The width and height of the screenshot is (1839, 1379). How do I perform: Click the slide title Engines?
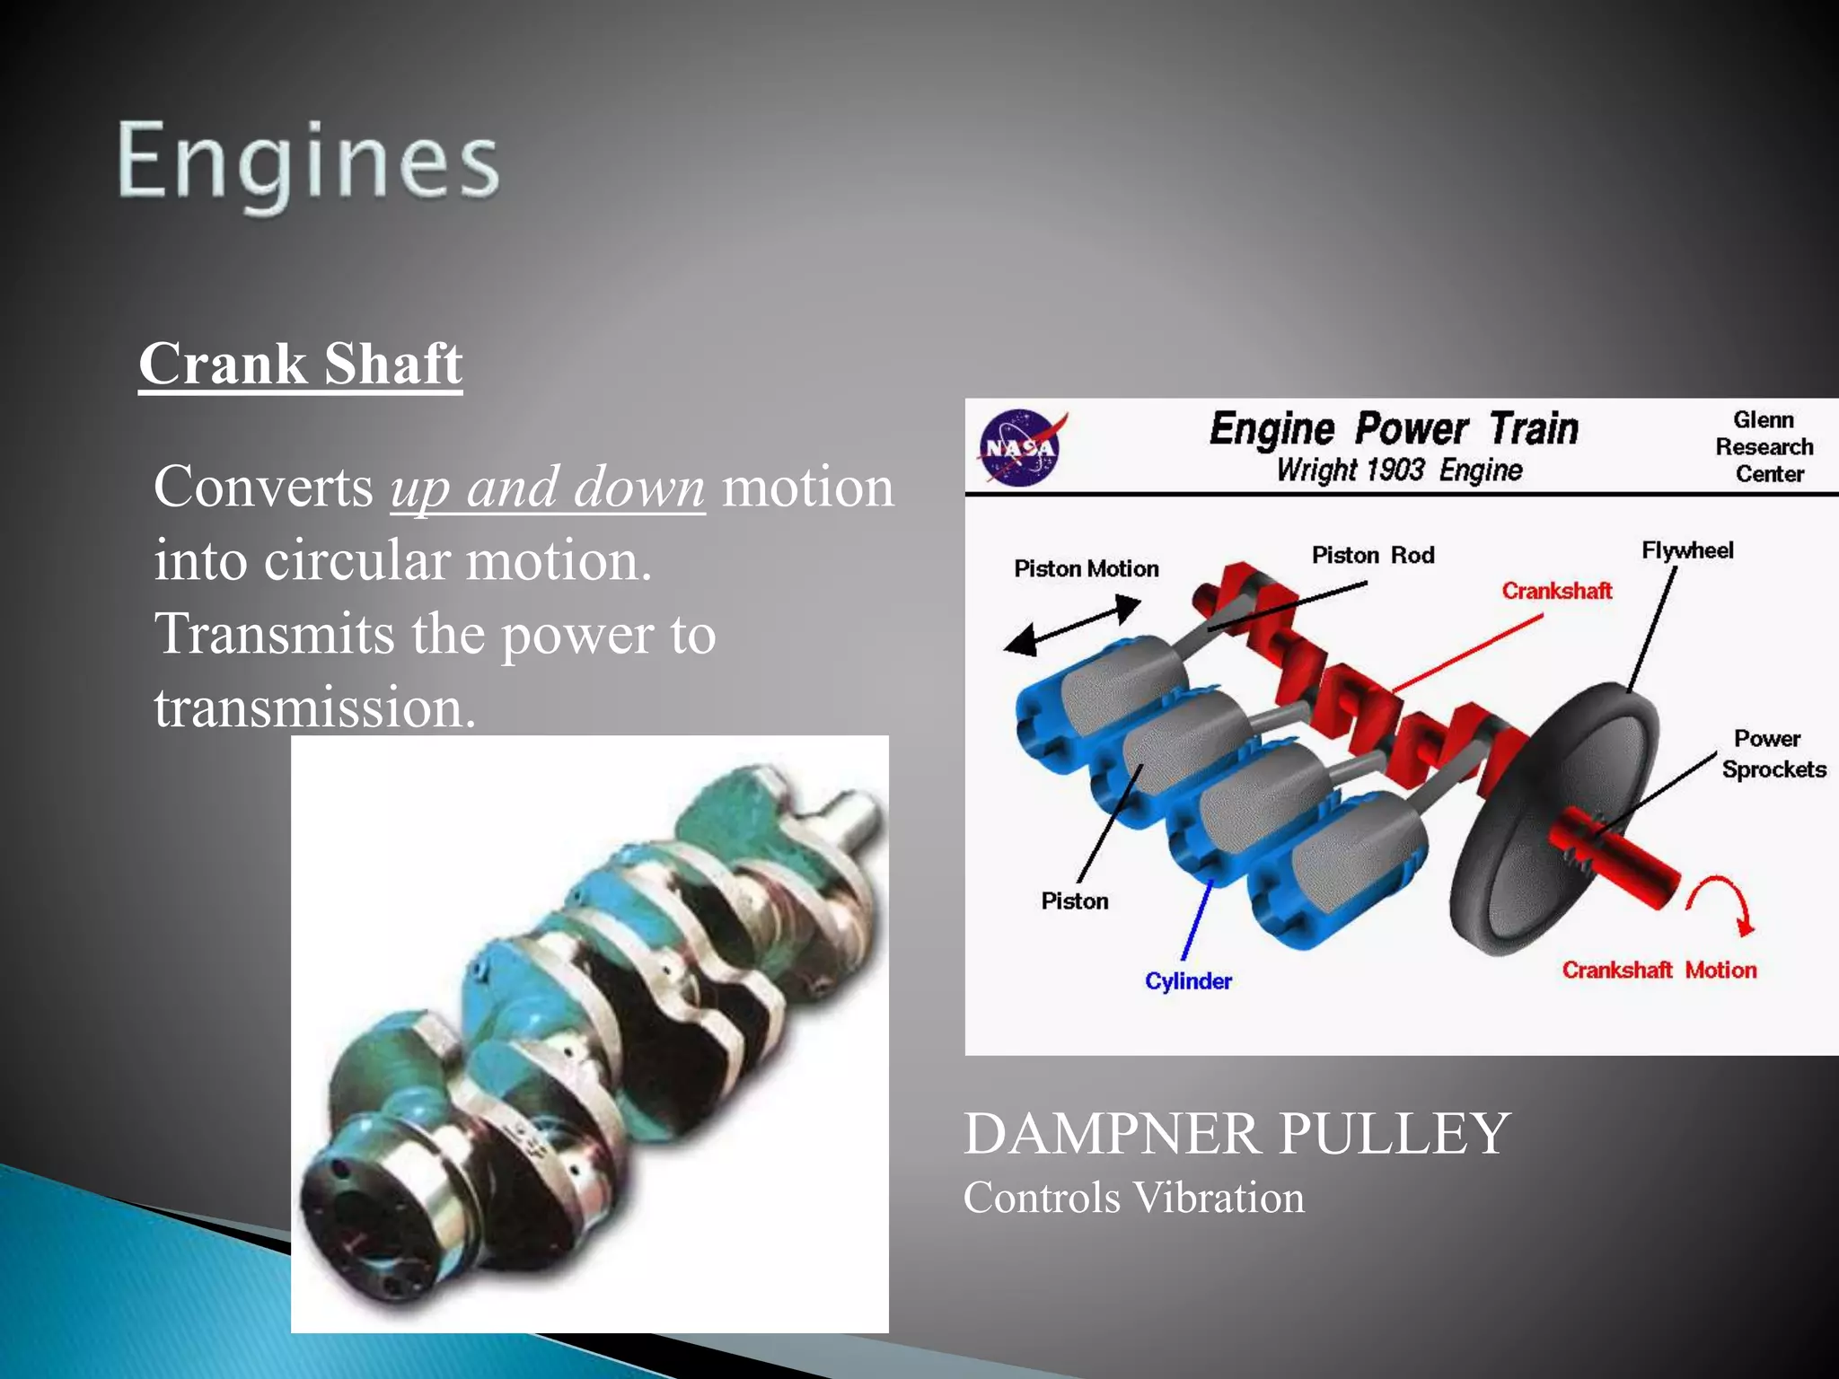coord(307,162)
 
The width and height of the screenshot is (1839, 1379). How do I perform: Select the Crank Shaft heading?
coord(301,364)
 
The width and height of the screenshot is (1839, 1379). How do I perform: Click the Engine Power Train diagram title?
coord(1393,428)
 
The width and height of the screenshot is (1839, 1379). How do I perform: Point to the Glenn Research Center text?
coord(1764,446)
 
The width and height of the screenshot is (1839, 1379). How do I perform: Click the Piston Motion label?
coord(1086,568)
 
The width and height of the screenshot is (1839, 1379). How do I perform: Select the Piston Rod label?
coord(1372,555)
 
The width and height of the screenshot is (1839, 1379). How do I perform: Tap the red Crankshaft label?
coord(1556,591)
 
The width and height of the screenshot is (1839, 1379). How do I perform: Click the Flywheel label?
coord(1686,550)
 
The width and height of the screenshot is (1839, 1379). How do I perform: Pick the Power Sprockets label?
coord(1773,754)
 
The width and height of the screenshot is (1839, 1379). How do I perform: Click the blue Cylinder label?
coord(1187,981)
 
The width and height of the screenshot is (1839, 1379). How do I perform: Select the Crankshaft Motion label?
coord(1659,970)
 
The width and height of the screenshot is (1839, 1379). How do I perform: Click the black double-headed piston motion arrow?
coord(1072,626)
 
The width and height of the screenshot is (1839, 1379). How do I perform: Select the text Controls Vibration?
coord(1133,1198)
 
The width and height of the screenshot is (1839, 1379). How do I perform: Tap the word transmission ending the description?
coord(313,707)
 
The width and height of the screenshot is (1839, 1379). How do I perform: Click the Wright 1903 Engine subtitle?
coord(1399,470)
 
